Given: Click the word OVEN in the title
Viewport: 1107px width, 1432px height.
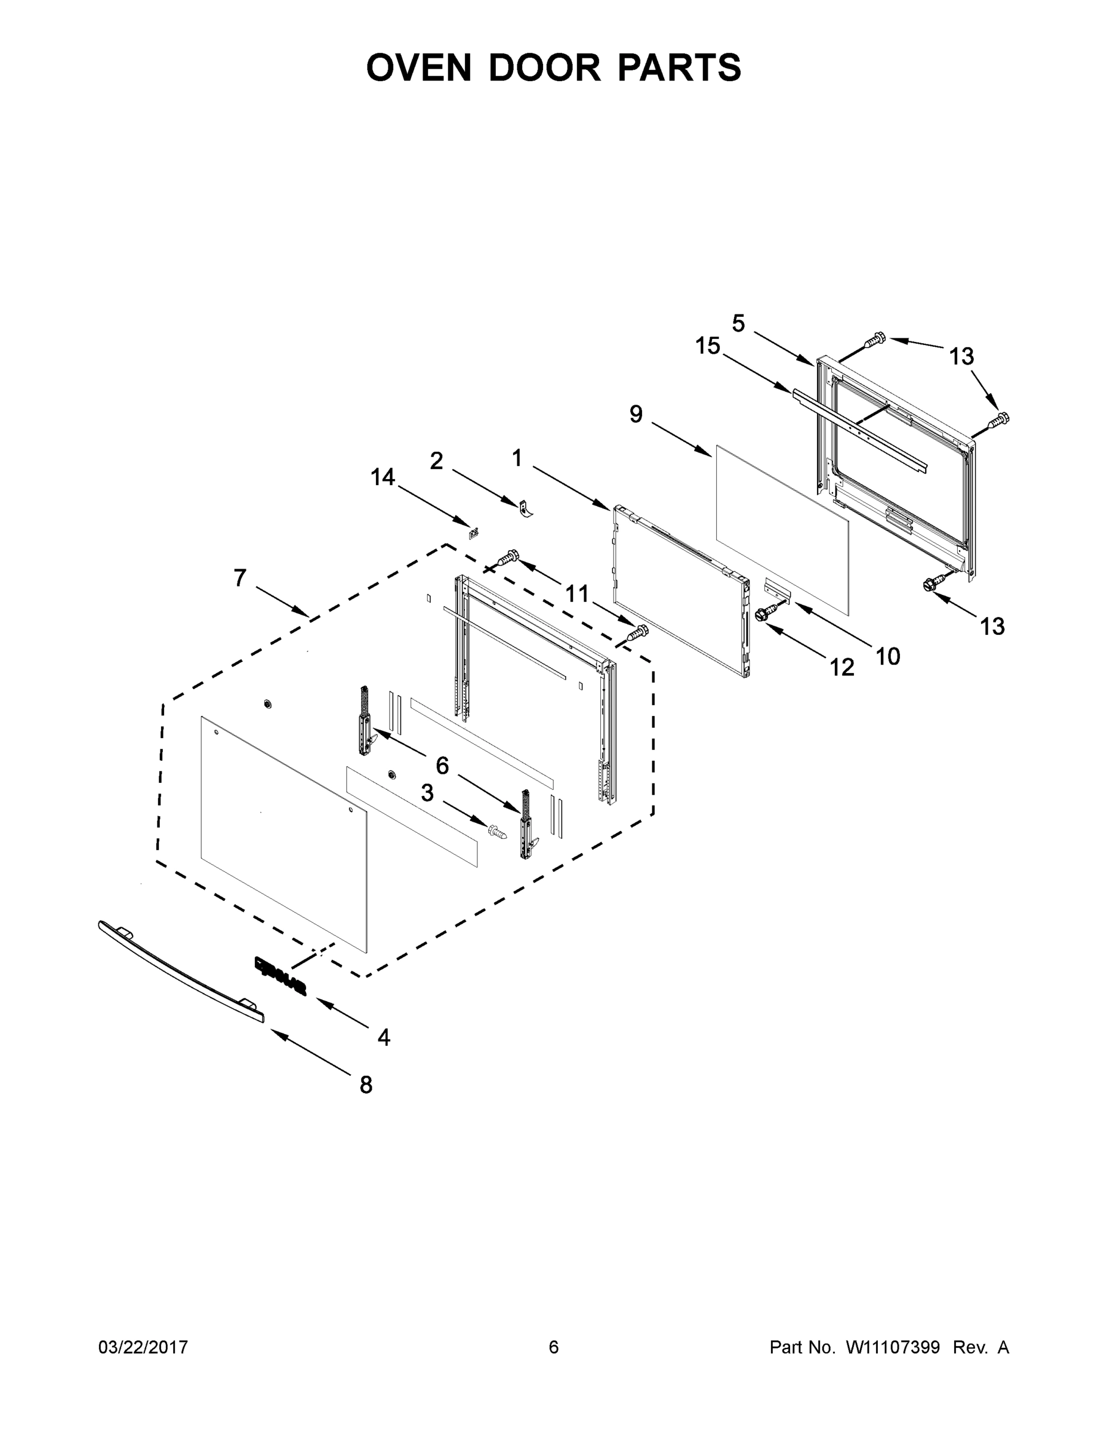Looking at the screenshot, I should click(x=419, y=67).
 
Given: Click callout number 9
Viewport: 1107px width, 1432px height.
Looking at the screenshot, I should click(x=636, y=415).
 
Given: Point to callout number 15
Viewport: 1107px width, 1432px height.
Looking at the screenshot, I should click(x=708, y=346).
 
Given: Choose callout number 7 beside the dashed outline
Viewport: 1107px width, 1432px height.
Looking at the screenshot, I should click(x=240, y=578).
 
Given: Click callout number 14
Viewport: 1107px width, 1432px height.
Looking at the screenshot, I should click(x=383, y=477).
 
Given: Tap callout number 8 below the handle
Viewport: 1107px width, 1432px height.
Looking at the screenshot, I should click(x=366, y=1085).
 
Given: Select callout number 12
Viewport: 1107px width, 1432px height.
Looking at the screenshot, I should click(x=842, y=668).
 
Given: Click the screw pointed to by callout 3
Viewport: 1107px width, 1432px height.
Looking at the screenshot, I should click(x=497, y=831).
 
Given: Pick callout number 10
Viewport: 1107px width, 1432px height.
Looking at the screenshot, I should click(x=888, y=656).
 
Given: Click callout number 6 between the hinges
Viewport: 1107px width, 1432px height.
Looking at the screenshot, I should click(x=442, y=764).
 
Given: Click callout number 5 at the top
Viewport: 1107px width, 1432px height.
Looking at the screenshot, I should click(x=738, y=323).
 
